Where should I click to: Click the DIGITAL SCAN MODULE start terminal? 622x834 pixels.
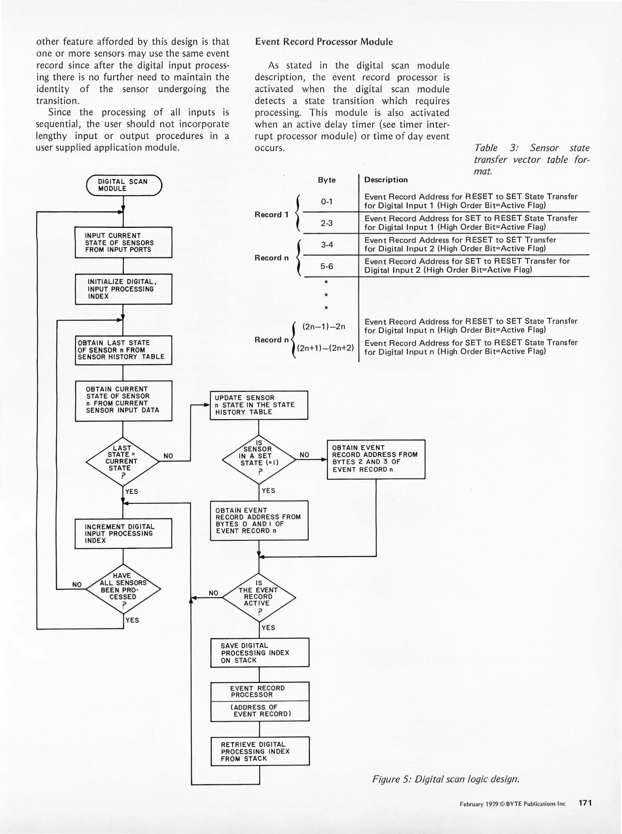(124, 185)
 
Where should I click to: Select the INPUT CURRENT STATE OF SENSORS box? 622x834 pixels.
(123, 242)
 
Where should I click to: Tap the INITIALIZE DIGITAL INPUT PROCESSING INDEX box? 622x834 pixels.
(123, 289)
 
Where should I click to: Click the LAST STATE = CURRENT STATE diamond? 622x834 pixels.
(122, 461)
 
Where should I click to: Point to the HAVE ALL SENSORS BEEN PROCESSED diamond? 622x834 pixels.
(123, 589)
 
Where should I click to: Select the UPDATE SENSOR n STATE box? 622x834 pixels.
(259, 405)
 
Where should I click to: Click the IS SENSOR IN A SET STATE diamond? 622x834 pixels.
(259, 459)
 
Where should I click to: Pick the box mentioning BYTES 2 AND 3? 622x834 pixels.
(376, 459)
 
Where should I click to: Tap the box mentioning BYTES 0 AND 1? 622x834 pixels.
(259, 520)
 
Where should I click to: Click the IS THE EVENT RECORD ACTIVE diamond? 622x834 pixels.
(259, 598)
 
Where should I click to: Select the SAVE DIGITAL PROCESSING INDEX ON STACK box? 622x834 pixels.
(260, 653)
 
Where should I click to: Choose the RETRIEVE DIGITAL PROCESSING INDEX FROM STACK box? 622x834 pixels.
(260, 751)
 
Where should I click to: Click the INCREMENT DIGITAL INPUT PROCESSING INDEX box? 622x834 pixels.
(123, 533)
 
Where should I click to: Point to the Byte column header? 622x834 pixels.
(326, 180)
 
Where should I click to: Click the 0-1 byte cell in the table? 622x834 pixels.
(327, 202)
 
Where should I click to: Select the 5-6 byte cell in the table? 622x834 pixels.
(327, 266)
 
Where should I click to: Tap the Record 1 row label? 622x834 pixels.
(271, 215)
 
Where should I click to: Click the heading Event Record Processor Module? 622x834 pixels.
(324, 42)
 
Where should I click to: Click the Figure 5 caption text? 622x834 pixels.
(445, 779)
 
